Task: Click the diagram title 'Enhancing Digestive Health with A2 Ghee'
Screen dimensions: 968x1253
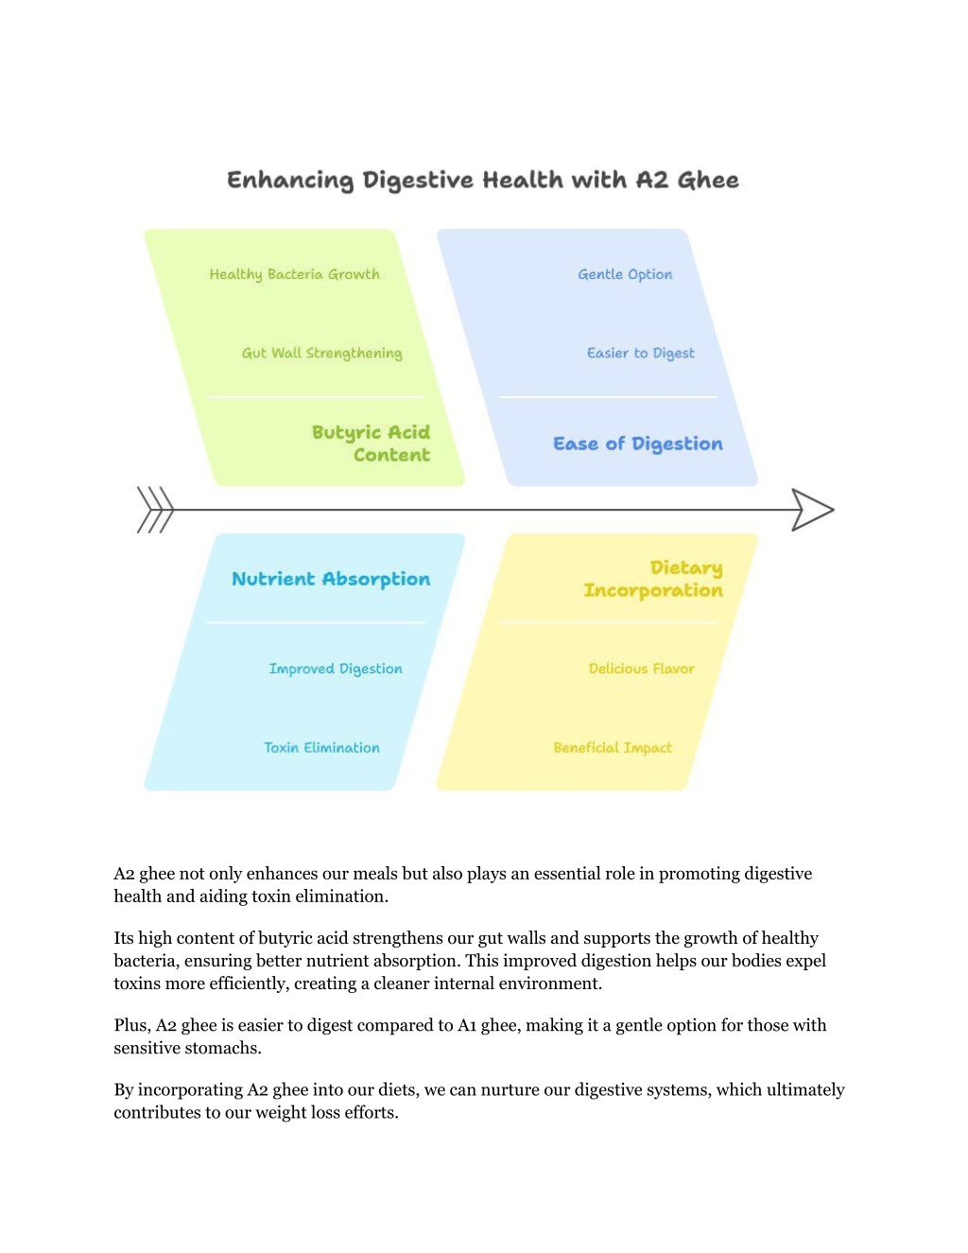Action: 483,180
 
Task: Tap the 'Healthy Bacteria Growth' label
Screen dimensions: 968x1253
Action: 294,274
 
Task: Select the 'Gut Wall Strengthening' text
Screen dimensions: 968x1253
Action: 322,354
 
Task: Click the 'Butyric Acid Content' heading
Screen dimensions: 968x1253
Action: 372,444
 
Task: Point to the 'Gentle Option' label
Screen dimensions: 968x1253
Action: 625,274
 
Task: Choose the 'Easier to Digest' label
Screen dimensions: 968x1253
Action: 641,354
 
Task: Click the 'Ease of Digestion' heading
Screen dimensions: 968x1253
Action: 638,444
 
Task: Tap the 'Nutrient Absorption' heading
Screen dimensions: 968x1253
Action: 331,579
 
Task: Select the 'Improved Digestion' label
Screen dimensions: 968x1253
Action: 336,669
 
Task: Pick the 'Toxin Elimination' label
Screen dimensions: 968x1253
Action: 321,748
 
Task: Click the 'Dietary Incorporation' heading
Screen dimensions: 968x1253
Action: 653,579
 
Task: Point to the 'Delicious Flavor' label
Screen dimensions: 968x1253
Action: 641,669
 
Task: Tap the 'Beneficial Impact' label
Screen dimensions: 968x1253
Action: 613,748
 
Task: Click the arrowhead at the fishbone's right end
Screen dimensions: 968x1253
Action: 812,510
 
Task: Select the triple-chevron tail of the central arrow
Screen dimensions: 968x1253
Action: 155,510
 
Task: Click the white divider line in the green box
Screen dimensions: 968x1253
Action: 316,397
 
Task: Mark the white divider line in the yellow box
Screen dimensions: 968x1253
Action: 609,623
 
